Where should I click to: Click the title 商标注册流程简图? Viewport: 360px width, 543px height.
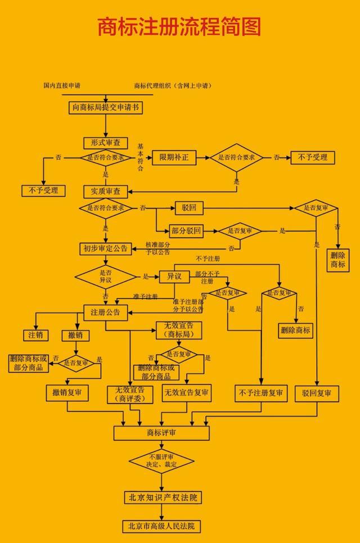coord(179,26)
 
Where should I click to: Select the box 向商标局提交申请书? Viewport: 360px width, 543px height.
coord(105,107)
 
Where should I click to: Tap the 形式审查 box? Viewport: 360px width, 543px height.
coord(106,143)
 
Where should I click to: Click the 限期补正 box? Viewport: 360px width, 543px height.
coord(178,158)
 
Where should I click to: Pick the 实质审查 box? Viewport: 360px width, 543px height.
coord(106,191)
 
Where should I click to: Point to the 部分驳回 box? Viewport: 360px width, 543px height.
coord(186,230)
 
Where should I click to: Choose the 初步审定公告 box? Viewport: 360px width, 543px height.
coord(105,248)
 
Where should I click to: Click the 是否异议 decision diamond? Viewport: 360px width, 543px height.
coord(106,276)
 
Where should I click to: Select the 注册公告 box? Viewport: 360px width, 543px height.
coord(106,311)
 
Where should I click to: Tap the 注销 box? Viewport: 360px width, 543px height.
coord(35,335)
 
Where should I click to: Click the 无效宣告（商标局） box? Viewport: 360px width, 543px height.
coord(178,331)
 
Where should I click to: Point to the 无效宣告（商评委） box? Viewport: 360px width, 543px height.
coord(130,394)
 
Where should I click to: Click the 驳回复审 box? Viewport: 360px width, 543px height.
coord(317,393)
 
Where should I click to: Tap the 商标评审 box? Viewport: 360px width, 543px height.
coord(162,433)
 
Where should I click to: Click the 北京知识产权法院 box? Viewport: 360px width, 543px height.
coord(162,497)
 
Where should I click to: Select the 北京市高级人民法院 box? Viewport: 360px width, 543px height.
coord(162,526)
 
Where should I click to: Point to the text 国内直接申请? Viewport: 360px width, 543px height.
coord(62,85)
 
